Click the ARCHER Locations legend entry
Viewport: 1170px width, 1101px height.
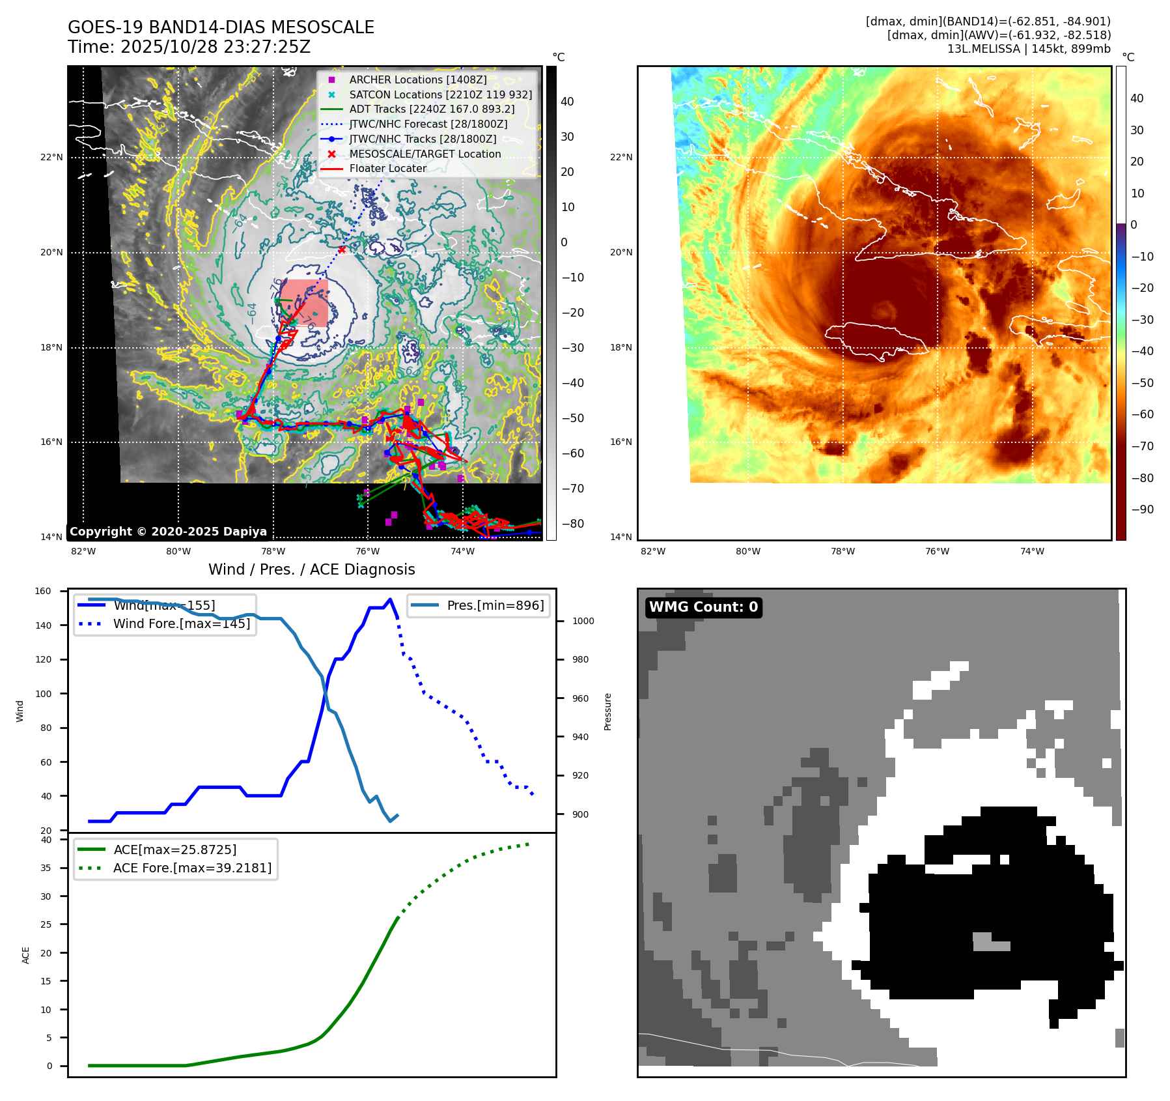point(417,79)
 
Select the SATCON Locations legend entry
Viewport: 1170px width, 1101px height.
point(440,94)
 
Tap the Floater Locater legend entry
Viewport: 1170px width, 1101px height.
point(387,168)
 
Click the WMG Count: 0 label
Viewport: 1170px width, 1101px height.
point(703,607)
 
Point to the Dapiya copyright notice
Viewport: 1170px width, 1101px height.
point(168,532)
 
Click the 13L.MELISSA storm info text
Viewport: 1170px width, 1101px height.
point(1029,49)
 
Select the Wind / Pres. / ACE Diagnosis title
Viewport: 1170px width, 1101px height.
point(311,569)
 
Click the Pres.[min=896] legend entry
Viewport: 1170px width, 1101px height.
point(495,605)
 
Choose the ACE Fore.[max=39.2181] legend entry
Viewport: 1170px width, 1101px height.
point(192,868)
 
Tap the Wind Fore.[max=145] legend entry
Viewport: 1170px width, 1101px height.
point(181,623)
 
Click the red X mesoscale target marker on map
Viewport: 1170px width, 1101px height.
point(342,249)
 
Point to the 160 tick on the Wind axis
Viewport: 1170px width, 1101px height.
point(43,592)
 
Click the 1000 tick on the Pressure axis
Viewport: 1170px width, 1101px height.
point(583,621)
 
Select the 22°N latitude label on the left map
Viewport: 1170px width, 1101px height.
point(51,157)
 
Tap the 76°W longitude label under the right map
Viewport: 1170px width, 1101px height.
point(937,551)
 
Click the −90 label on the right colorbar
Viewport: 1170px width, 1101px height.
point(1142,509)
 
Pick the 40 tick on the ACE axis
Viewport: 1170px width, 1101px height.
point(46,840)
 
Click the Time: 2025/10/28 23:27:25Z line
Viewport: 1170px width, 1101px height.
point(189,47)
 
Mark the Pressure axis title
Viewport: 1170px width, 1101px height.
point(607,711)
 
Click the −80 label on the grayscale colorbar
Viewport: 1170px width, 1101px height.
point(572,524)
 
